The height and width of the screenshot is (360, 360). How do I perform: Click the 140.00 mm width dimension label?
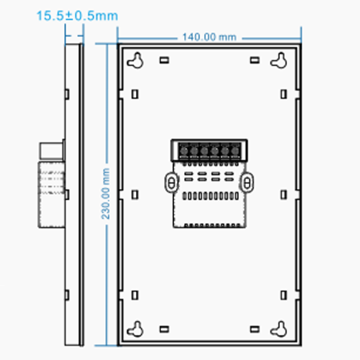(x=209, y=37)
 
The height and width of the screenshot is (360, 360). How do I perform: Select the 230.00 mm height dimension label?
(x=106, y=193)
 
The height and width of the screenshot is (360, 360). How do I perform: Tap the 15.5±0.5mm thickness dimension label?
(x=77, y=16)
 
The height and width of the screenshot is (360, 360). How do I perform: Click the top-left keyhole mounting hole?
(x=135, y=60)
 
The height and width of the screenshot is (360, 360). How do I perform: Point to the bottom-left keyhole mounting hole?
(x=135, y=328)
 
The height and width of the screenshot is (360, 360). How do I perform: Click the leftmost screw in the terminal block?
(x=184, y=150)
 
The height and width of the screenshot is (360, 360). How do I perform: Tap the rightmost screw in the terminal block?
(x=235, y=150)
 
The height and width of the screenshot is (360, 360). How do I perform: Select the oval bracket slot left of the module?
(x=171, y=182)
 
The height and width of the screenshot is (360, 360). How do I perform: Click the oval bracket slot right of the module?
(x=247, y=182)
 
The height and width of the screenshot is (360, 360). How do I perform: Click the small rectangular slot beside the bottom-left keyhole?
(x=164, y=329)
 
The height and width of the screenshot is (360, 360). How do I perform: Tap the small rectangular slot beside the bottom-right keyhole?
(x=255, y=329)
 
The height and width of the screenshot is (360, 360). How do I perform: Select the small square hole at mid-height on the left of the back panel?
(x=135, y=194)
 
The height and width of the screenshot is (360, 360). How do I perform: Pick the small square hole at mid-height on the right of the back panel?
(x=284, y=194)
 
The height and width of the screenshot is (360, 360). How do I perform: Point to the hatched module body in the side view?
(x=52, y=192)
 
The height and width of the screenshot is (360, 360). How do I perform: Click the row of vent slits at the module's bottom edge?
(x=209, y=225)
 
